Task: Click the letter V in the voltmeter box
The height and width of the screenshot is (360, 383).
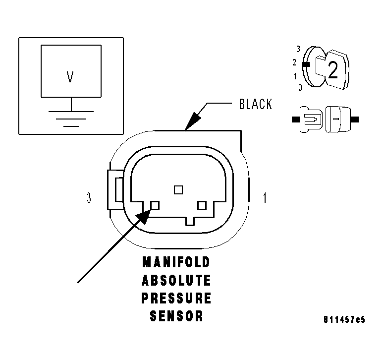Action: pos(70,77)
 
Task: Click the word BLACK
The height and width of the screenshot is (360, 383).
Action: pos(255,104)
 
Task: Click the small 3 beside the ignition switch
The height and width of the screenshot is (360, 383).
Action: pos(298,49)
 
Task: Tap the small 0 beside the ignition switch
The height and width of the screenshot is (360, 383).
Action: pos(300,88)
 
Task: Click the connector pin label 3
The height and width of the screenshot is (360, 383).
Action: pos(89,198)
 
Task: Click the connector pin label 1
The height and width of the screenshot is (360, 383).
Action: pos(265,198)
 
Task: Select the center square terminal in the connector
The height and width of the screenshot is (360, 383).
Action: pos(178,189)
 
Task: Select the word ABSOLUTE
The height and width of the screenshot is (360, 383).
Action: pos(176,280)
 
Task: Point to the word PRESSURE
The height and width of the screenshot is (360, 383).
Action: pos(176,299)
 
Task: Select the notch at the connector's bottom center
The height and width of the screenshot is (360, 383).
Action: pos(190,220)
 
